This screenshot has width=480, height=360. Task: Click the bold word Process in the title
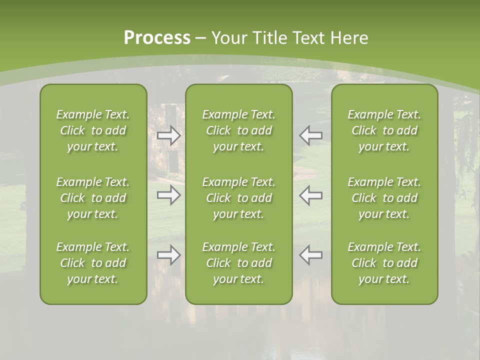pos(157,38)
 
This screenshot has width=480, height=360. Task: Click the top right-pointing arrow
pos(169,135)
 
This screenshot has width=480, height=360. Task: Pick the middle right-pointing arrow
pos(169,195)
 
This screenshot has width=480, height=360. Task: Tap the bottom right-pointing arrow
pos(169,255)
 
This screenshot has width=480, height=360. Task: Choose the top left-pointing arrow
pos(310,135)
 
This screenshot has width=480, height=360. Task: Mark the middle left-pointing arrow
pos(310,195)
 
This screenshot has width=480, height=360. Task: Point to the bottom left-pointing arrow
pos(310,255)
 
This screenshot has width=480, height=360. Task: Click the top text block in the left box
pos(93,130)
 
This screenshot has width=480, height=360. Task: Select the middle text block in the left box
pos(93,198)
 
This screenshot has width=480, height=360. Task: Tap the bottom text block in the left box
pos(93,263)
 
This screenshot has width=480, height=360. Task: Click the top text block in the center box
pos(238,130)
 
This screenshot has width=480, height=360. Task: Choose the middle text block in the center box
pos(238,198)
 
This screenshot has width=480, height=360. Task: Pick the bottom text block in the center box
pos(238,263)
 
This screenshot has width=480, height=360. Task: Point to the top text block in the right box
pos(384,130)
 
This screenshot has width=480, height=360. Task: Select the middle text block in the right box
pos(384,198)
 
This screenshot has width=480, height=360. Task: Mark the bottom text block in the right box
pos(384,263)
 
